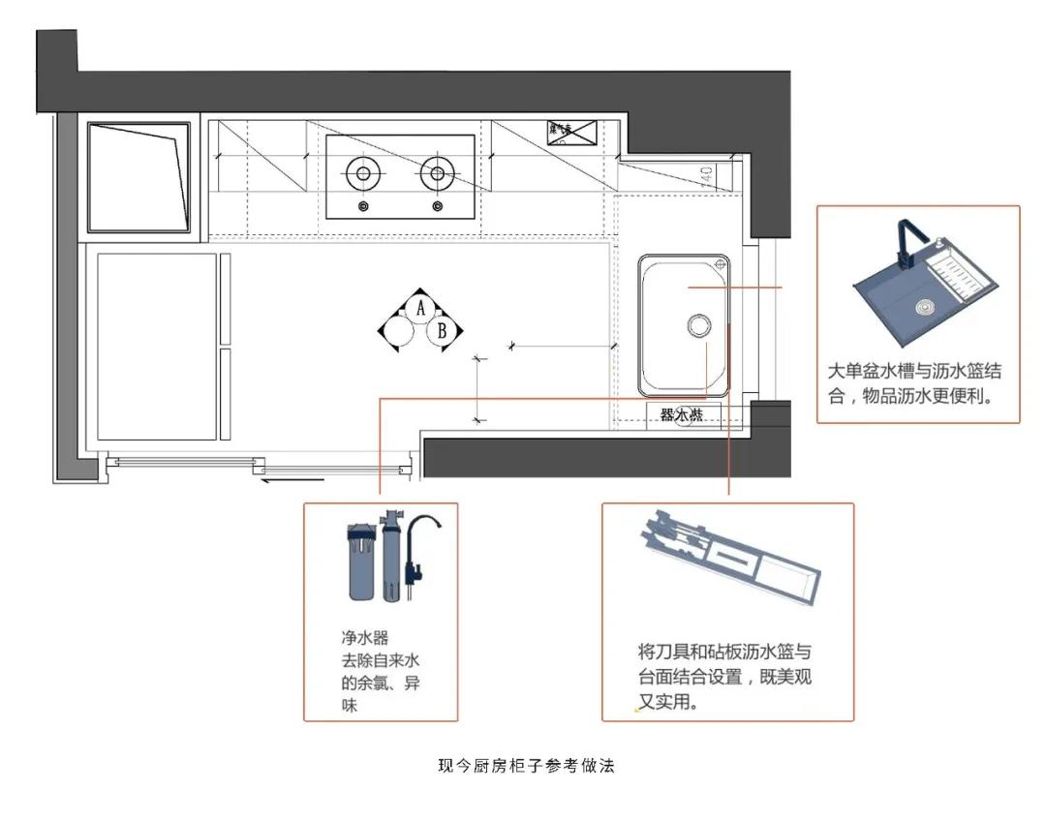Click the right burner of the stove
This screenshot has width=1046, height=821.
pos(438,174)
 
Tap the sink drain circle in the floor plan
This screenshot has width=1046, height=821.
pos(698,325)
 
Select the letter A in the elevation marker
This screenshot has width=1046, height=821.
pos(420,308)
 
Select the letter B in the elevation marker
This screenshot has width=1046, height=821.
pos(443,331)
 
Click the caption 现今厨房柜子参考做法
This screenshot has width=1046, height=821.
pos(527,766)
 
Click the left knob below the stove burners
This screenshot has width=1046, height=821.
pos(363,206)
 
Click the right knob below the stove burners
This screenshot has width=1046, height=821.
pos(438,206)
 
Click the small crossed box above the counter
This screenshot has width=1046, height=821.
pos(571,133)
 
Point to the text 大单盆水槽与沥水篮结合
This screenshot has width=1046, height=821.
pos(914,372)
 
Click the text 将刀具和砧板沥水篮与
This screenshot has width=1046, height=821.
pos(731,652)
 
